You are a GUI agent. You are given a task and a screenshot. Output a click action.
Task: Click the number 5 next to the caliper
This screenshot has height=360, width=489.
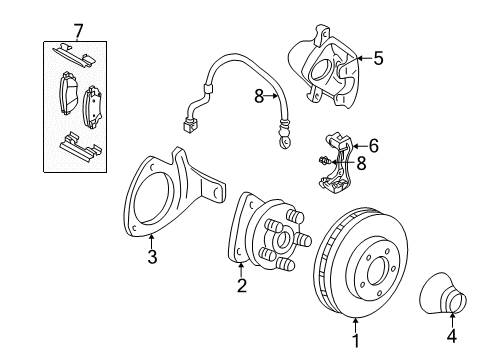pyautogui.click(x=378, y=58)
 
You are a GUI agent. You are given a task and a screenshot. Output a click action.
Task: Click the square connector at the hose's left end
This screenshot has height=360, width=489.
pyautogui.click(x=188, y=127)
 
